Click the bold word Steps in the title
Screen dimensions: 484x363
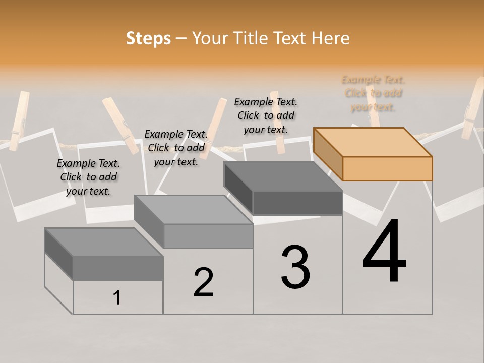pyautogui.click(x=148, y=38)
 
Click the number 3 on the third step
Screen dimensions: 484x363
pyautogui.click(x=295, y=267)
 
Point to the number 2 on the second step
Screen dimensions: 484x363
pyautogui.click(x=203, y=282)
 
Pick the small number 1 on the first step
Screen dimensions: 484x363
pyautogui.click(x=117, y=297)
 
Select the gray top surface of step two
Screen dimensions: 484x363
pyautogui.click(x=194, y=210)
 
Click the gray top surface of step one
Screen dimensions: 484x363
pyautogui.click(x=104, y=242)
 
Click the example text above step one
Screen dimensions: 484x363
pyautogui.click(x=88, y=177)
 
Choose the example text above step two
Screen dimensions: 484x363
pyautogui.click(x=176, y=148)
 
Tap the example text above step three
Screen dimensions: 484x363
pyautogui.click(x=266, y=115)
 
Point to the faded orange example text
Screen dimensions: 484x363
pyautogui.click(x=373, y=93)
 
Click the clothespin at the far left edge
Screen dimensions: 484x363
pyautogui.click(x=19, y=120)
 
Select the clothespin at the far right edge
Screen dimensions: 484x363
pyautogui.click(x=473, y=108)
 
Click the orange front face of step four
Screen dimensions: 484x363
pyautogui.click(x=387, y=168)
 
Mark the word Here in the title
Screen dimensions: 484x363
pyautogui.click(x=330, y=38)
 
